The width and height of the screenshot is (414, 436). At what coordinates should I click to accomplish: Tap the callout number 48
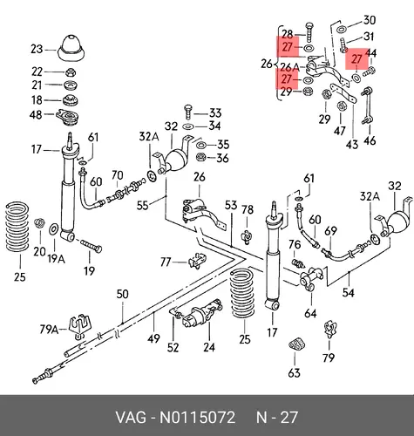(36, 115)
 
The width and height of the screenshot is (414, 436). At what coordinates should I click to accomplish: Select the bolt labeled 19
(91, 246)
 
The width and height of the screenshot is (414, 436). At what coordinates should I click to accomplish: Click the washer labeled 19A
(54, 229)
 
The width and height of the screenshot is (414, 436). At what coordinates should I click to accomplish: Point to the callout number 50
(122, 294)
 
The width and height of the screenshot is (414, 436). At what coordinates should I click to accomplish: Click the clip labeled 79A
(79, 326)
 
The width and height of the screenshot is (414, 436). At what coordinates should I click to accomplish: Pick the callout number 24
(209, 347)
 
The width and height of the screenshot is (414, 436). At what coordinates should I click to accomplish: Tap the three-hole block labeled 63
(295, 344)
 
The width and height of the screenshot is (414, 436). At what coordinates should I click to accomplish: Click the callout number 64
(310, 313)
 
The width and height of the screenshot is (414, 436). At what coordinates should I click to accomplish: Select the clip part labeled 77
(198, 261)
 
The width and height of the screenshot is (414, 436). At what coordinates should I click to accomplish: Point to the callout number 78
(248, 210)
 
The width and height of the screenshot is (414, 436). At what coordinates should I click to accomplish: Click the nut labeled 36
(200, 158)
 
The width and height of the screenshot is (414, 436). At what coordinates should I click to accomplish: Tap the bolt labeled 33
(187, 112)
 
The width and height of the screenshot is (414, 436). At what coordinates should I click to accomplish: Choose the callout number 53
(231, 205)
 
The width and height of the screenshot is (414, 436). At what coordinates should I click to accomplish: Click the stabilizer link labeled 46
(366, 107)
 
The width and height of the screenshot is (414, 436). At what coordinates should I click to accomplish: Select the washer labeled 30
(341, 30)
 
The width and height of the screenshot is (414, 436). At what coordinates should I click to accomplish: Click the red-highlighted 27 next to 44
(356, 59)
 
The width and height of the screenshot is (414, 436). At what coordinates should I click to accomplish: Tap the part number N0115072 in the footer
(197, 418)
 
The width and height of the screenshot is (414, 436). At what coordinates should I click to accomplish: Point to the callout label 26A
(289, 68)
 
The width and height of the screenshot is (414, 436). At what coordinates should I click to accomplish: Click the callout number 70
(117, 175)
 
